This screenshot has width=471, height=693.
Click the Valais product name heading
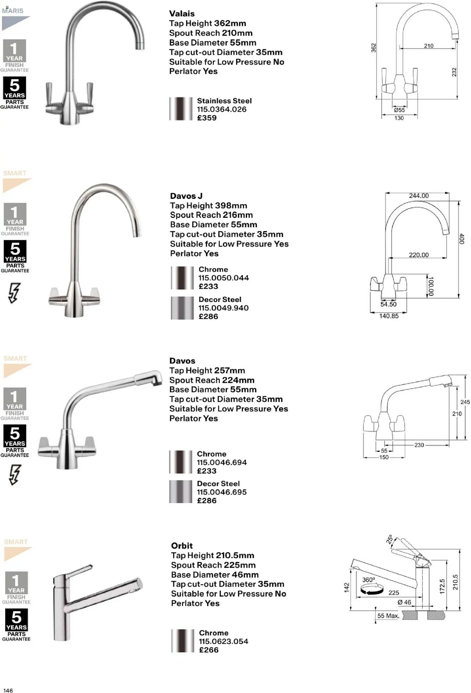[182, 14]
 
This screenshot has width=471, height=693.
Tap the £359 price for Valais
[207, 118]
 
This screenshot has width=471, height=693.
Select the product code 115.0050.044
[223, 278]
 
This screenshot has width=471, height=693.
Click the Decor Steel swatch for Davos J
[182, 308]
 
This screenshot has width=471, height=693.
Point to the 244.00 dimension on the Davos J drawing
[418, 196]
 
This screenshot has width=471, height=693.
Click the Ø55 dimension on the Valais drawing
[399, 110]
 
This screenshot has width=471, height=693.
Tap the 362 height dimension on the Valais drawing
[373, 48]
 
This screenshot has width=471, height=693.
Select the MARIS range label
[13, 11]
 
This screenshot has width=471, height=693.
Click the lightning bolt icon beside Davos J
[14, 293]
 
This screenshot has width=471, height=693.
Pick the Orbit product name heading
[182, 546]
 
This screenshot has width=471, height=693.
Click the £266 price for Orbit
[208, 650]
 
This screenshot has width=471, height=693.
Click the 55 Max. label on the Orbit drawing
[388, 616]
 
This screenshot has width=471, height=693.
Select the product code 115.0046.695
[222, 492]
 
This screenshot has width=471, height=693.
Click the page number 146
[8, 688]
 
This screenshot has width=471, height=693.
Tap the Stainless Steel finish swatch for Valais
[181, 109]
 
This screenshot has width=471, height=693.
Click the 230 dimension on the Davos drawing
[419, 445]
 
